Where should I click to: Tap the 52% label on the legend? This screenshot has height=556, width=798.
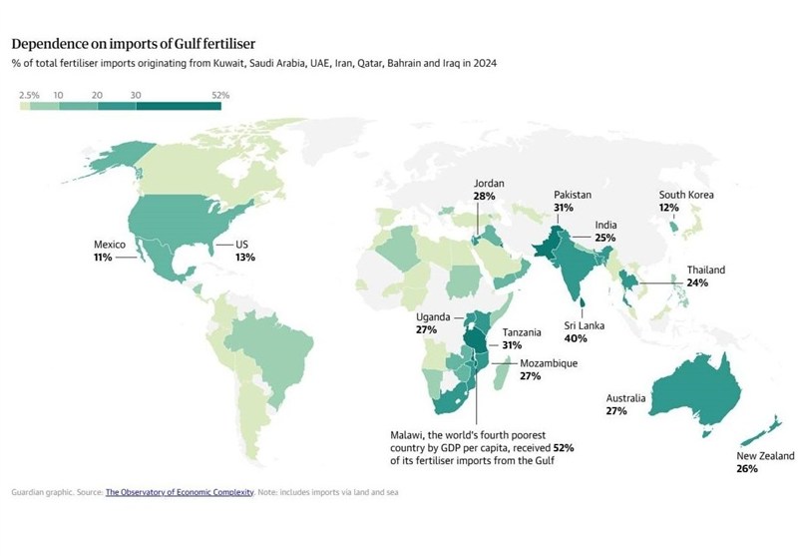[x=220, y=95]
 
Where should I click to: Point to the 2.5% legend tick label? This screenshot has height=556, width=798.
[x=29, y=95]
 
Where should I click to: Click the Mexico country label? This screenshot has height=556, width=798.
[x=109, y=244]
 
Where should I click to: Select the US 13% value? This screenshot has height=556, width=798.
[x=245, y=258]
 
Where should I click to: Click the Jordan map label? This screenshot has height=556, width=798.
[x=489, y=185]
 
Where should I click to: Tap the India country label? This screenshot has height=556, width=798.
[x=605, y=226]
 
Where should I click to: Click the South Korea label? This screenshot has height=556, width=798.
[x=685, y=195]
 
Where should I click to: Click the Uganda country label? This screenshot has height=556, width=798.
[x=435, y=316]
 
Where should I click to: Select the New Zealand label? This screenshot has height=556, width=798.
[x=766, y=456]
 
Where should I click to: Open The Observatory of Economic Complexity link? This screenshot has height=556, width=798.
[x=179, y=492]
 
